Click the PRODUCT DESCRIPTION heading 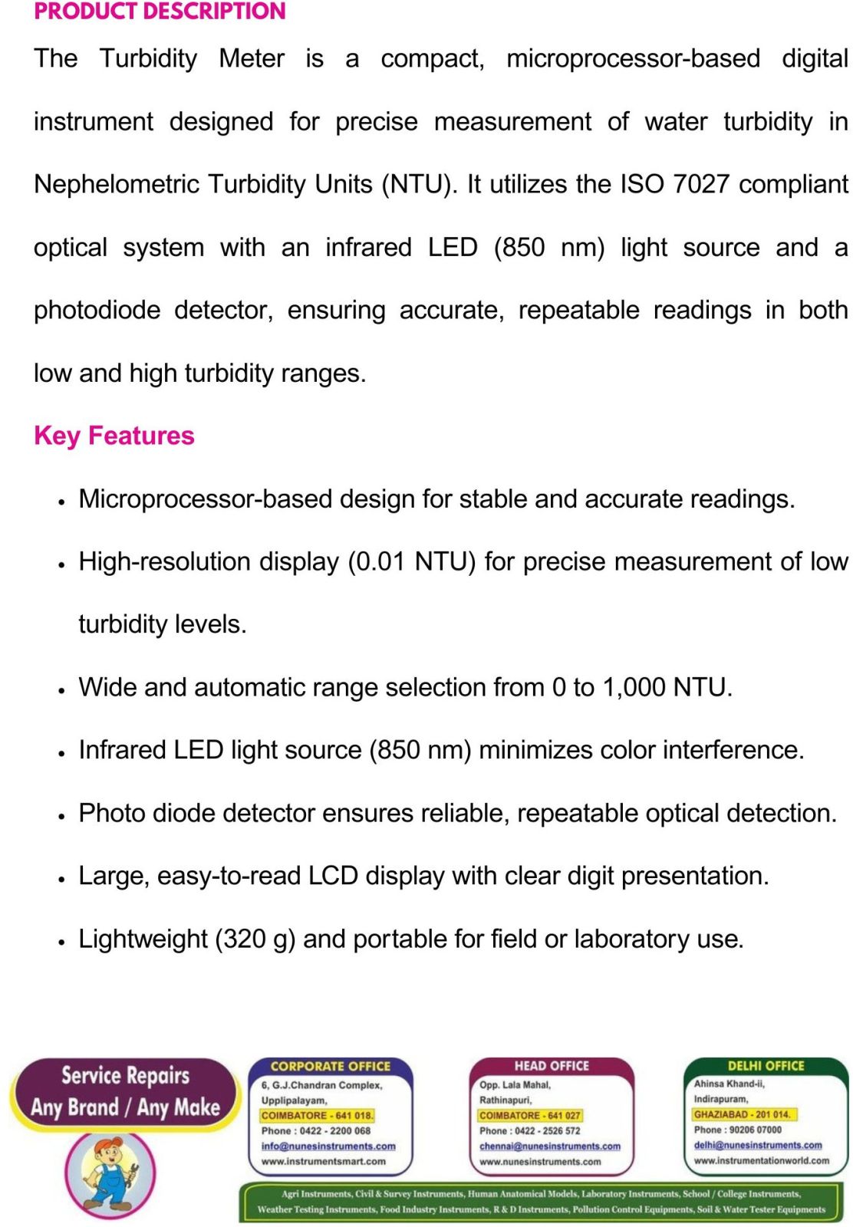[160, 12]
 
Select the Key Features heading [114, 436]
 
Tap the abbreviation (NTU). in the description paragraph [419, 184]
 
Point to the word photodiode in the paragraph [97, 310]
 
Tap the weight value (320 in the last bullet [240, 939]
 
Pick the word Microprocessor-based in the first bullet [205, 498]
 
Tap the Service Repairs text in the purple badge [125, 1075]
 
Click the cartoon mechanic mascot [110, 1171]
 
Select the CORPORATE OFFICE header [330, 1066]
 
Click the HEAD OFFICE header [552, 1066]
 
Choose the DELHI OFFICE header [766, 1066]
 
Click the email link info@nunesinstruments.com [328, 1146]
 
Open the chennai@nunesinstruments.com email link [549, 1146]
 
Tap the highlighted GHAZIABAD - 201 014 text [741, 1114]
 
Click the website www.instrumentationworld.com [761, 1160]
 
